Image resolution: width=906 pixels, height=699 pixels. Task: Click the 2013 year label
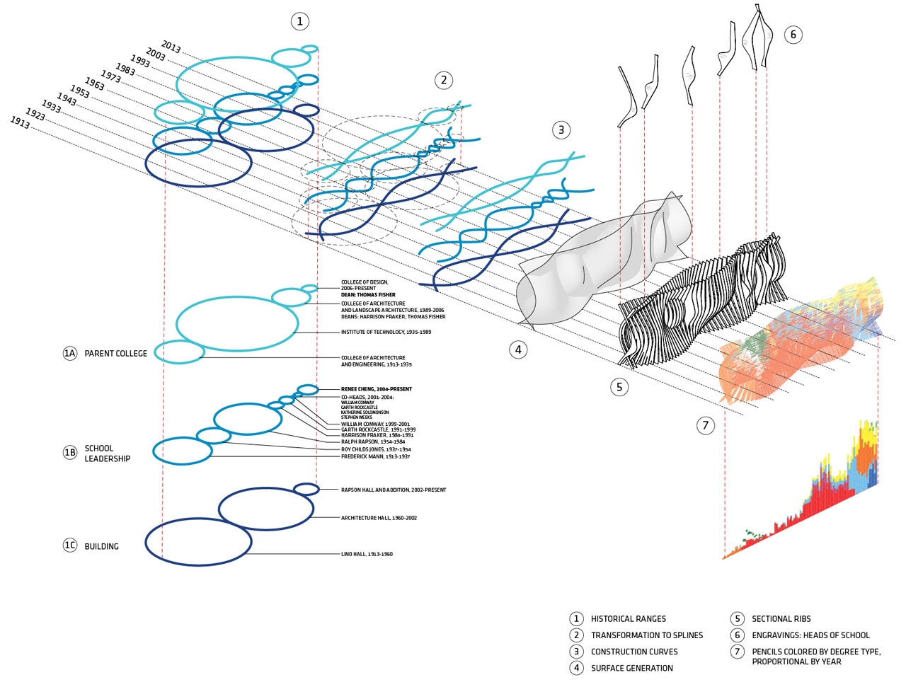[171, 47]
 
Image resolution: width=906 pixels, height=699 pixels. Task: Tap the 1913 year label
[20, 122]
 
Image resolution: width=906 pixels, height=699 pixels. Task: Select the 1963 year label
[95, 84]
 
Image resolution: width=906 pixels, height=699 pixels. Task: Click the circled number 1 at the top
[299, 21]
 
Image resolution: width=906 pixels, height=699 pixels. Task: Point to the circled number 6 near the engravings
[793, 34]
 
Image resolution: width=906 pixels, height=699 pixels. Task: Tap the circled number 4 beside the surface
[518, 349]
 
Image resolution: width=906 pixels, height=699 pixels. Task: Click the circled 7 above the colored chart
[705, 425]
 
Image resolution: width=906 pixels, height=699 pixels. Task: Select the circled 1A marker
[69, 353]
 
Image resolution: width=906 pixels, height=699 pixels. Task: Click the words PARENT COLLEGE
[116, 353]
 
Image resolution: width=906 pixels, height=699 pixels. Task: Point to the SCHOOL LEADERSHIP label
[107, 454]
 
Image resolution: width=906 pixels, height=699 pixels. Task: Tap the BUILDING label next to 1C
[101, 546]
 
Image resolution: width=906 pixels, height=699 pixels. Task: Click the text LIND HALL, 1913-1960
[367, 554]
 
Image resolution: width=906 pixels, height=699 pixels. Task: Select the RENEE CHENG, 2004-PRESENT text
[376, 389]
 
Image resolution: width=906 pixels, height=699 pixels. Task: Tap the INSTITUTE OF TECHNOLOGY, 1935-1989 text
[386, 332]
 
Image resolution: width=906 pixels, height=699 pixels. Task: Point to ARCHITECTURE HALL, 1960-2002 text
[379, 518]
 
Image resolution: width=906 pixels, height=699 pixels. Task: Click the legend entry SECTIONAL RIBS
[781, 618]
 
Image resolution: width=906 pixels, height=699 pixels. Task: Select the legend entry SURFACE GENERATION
[631, 668]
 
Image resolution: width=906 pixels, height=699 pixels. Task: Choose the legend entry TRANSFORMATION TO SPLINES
[646, 635]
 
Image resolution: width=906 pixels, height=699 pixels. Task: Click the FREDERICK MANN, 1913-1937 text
[375, 456]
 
